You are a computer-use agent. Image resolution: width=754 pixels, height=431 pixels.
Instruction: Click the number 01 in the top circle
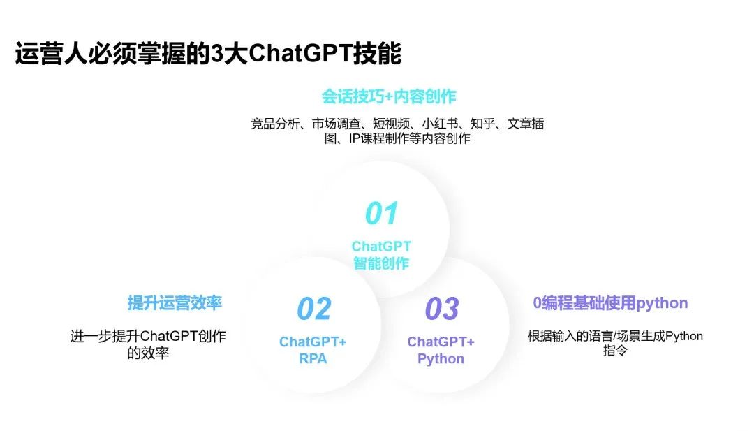382,213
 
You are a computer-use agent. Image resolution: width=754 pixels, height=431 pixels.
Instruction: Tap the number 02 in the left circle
314,308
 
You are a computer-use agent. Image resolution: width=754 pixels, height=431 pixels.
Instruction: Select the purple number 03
442,308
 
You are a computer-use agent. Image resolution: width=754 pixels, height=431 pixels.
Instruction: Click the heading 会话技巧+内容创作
389,96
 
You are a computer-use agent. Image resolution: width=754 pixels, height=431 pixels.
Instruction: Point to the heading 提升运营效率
175,303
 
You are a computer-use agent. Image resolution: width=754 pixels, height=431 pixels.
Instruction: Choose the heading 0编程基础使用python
610,303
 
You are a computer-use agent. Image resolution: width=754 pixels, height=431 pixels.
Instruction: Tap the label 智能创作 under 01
381,263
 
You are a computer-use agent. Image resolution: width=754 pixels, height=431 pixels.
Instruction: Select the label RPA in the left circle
313,359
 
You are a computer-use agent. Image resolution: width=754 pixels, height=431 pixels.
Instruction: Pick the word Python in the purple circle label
441,359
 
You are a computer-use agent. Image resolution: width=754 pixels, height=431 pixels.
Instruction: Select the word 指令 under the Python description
615,351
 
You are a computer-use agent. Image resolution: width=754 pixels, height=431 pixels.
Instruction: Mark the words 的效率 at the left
147,353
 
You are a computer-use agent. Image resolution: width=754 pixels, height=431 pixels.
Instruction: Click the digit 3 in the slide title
217,53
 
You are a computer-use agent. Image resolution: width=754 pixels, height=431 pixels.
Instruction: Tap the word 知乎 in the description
482,124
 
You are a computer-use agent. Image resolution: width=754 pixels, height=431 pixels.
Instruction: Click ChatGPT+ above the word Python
441,342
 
